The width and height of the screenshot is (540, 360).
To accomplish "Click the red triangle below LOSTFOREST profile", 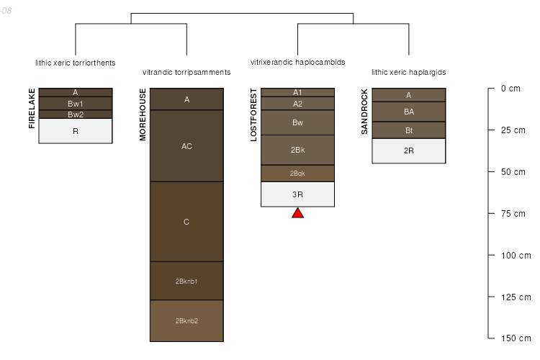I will tap(297, 213).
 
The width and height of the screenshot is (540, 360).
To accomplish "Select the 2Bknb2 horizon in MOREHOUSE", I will tap(186, 320).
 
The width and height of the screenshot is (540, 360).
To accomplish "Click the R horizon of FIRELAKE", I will tap(76, 131).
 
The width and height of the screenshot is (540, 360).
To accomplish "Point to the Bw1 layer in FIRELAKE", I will tap(76, 104).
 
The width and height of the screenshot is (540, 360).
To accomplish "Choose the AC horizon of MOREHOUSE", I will tap(186, 146).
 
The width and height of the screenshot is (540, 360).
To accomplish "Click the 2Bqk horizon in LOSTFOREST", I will tap(297, 174).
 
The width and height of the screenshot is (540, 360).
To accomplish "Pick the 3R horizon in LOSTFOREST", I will tap(297, 194).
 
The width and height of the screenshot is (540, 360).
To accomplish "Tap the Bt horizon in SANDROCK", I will tap(408, 130).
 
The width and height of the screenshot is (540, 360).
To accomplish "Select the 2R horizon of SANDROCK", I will tap(408, 150).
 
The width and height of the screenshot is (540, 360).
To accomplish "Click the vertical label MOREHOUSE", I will tap(143, 114).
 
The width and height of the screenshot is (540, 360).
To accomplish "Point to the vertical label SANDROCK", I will tap(364, 112).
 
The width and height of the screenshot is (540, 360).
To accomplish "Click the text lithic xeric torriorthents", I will tap(76, 63).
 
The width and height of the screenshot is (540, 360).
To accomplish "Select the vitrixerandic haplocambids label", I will tap(297, 63).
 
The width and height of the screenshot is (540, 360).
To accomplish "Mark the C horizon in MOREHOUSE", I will tap(186, 222).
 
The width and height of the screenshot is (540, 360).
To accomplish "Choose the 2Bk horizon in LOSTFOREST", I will tap(297, 150).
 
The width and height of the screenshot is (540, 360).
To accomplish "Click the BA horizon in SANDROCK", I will tap(408, 112).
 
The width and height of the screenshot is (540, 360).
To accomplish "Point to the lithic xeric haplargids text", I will tap(408, 72).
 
